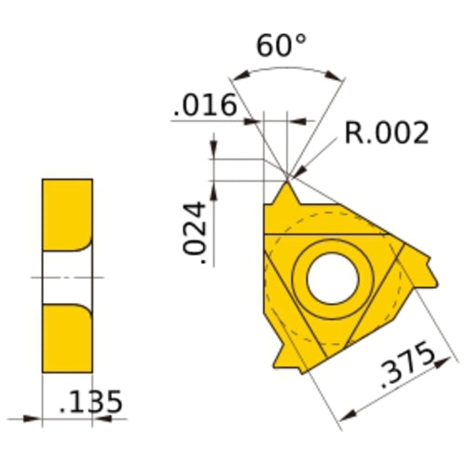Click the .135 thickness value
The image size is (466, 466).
90,403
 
